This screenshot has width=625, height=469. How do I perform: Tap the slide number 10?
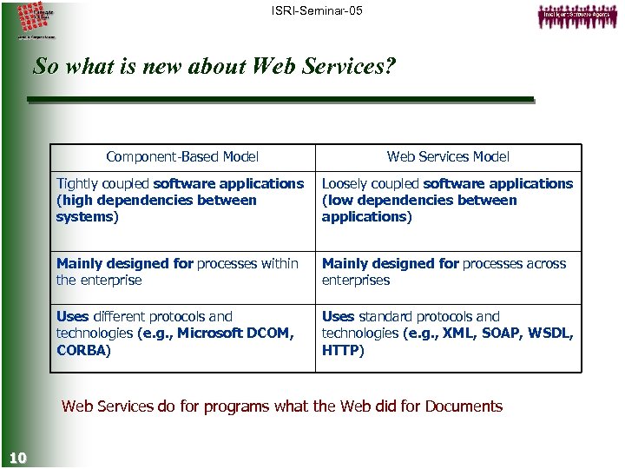16,458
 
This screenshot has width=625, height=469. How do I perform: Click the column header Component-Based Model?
182,157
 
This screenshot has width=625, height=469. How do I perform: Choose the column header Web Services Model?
448,157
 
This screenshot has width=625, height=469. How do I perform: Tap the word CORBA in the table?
82,351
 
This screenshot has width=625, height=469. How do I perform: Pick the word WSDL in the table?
551,334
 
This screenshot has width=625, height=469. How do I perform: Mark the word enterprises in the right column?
356,281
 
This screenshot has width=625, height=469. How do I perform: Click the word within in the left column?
278,264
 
